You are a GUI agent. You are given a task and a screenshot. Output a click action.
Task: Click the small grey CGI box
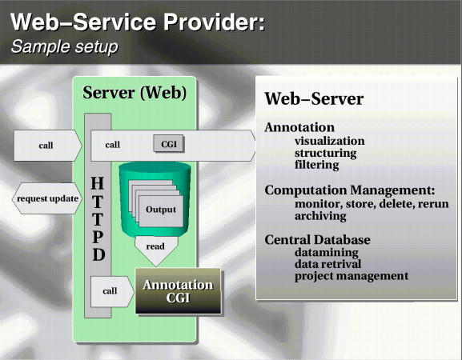(x=169, y=143)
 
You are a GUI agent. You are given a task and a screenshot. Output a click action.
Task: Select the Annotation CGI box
(x=178, y=291)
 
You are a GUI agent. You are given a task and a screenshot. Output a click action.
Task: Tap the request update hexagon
(x=47, y=198)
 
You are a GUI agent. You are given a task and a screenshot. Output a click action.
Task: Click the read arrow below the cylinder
(x=156, y=250)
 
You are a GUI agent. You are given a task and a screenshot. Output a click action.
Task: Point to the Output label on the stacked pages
(x=161, y=210)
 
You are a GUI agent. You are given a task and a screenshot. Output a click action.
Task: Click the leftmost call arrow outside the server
(x=48, y=146)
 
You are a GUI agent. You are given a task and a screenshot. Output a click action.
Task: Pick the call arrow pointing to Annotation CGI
(x=112, y=291)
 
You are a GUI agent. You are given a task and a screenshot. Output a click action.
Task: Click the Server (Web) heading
(x=135, y=93)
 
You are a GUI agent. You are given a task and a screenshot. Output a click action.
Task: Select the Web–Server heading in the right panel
(x=314, y=98)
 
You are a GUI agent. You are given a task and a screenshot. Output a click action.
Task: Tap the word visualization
(x=330, y=141)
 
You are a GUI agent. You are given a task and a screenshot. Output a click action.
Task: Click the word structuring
(x=326, y=154)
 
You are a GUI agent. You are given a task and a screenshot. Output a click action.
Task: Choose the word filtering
(x=317, y=165)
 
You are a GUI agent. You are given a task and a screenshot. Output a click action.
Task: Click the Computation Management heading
(x=350, y=190)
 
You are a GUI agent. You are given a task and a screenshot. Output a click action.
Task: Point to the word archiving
(x=320, y=216)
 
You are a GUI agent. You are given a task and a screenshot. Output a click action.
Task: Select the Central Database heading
(x=317, y=240)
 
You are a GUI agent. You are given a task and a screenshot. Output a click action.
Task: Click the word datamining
(x=327, y=253)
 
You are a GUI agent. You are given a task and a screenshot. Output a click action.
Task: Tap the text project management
(x=352, y=276)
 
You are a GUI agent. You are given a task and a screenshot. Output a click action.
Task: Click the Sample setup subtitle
(x=65, y=46)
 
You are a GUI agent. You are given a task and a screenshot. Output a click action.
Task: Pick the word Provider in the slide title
(x=215, y=22)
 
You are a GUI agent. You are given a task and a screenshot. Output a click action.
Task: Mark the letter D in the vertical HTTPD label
(x=98, y=254)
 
